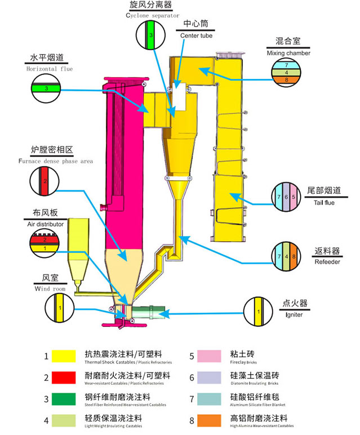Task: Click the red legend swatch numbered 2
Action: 63,378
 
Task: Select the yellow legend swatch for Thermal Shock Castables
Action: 63,356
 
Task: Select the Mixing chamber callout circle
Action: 287,73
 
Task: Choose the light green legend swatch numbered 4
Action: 63,420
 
